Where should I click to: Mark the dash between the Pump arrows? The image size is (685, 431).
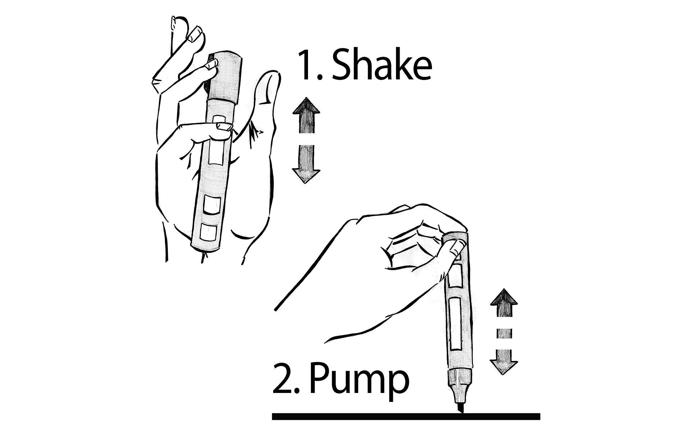coord(504,333)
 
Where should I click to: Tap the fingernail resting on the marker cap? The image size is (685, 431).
coord(212,64)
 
